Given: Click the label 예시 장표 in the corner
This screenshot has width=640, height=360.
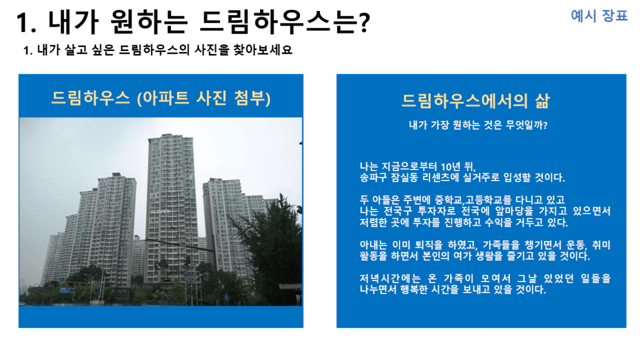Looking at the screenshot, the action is tap(599, 15).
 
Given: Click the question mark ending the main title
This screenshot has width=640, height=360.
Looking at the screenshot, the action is tap(364, 23).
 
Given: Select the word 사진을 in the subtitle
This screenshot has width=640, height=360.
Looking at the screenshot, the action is tap(212, 49).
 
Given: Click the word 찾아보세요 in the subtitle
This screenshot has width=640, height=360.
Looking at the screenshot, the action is tap(263, 49).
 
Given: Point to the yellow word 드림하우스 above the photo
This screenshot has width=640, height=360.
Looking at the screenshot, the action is tap(91, 98).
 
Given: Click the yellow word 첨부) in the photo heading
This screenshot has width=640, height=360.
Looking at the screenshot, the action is tap(252, 98).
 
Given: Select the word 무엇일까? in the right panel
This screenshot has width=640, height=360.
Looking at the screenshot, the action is tap(526, 125).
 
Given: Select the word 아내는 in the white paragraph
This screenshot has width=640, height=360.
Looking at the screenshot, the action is tap(373, 245).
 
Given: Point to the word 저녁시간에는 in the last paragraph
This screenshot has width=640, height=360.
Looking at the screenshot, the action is tap(391, 278).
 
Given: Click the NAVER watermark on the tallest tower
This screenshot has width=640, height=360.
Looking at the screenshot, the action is tap(161, 212).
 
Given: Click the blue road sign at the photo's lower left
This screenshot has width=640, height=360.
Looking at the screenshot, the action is tap(65, 291).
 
